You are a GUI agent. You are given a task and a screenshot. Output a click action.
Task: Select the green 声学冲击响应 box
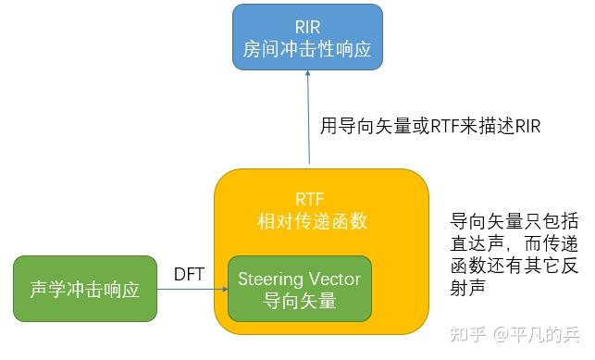85,290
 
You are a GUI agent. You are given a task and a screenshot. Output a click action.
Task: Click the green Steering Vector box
299,289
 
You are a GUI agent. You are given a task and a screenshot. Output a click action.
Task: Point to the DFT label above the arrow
189,274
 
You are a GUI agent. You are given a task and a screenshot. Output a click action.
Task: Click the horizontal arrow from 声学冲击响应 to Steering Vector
192,290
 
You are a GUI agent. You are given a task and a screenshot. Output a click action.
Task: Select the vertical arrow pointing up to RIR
306,119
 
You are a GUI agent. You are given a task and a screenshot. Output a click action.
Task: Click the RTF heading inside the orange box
309,200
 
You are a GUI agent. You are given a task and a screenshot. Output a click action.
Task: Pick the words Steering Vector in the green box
299,278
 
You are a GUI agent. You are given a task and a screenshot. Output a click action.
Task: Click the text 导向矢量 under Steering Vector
299,301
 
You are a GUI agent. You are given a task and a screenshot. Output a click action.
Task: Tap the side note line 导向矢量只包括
514,222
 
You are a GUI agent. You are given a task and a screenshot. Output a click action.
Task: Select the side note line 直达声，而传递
514,245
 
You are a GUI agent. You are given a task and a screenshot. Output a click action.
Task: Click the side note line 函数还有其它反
514,267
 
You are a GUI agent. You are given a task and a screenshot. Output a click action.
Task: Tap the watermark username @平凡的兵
537,330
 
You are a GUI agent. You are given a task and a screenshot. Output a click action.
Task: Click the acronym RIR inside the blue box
306,26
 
